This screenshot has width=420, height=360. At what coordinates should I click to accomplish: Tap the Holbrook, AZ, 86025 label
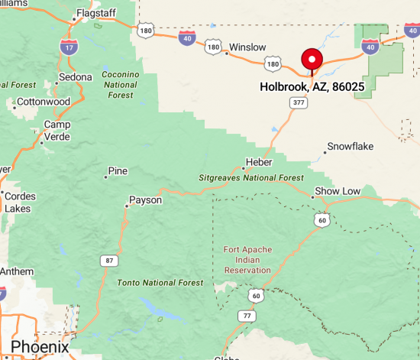coord(311,87)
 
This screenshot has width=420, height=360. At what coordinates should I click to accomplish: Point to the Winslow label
coord(247,47)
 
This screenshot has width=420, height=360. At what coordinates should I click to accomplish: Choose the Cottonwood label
coord(43,102)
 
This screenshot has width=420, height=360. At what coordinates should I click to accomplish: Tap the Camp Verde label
coord(57,131)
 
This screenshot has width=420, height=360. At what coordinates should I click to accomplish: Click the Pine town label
coord(118,170)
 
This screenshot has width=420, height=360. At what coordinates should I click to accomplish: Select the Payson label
coord(145,200)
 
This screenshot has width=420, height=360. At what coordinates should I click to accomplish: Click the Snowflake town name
coord(352,146)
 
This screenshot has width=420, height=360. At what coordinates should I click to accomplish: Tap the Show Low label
coord(338,190)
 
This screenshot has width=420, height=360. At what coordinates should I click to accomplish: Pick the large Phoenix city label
coord(39,346)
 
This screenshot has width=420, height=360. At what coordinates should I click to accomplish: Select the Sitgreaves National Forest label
coord(250,177)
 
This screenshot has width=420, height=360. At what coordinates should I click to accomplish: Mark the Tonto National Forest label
coord(160,283)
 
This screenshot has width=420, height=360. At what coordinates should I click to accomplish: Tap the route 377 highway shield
coord(299,101)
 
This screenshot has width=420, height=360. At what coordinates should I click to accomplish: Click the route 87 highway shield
coord(110,261)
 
